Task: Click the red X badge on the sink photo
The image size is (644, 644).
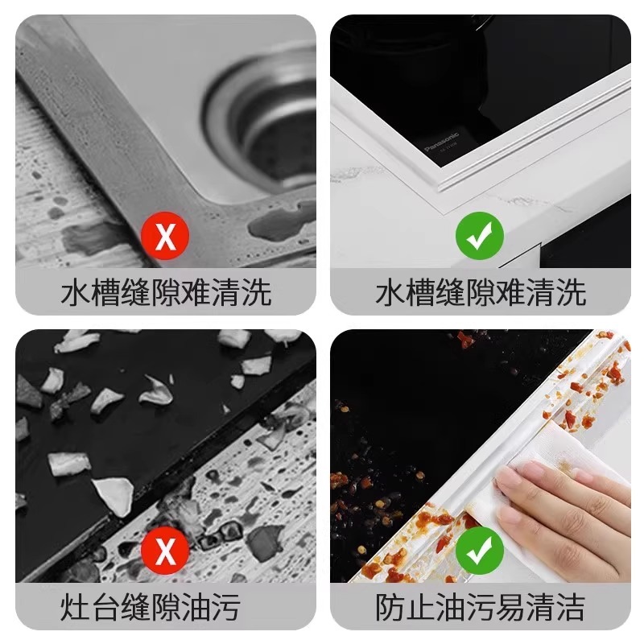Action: point(165,235)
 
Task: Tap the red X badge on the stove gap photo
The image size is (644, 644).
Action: point(165,550)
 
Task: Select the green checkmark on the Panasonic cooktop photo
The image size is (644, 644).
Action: point(480,235)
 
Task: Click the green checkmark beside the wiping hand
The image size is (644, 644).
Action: point(480,550)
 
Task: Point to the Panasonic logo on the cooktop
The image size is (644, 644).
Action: point(441,142)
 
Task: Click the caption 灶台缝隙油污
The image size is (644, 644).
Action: point(151,607)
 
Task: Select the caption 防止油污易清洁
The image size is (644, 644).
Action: point(480,607)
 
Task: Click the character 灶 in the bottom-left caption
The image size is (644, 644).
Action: point(75,607)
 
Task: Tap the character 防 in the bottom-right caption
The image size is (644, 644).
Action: point(390,607)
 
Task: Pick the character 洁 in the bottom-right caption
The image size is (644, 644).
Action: point(571,607)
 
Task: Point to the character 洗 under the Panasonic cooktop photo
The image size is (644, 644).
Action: point(571,292)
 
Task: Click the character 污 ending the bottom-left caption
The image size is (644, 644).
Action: point(226,607)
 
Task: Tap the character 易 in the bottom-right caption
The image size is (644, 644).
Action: point(510,607)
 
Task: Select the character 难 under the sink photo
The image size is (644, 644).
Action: point(196,292)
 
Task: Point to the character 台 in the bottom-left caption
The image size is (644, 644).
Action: point(105,607)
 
